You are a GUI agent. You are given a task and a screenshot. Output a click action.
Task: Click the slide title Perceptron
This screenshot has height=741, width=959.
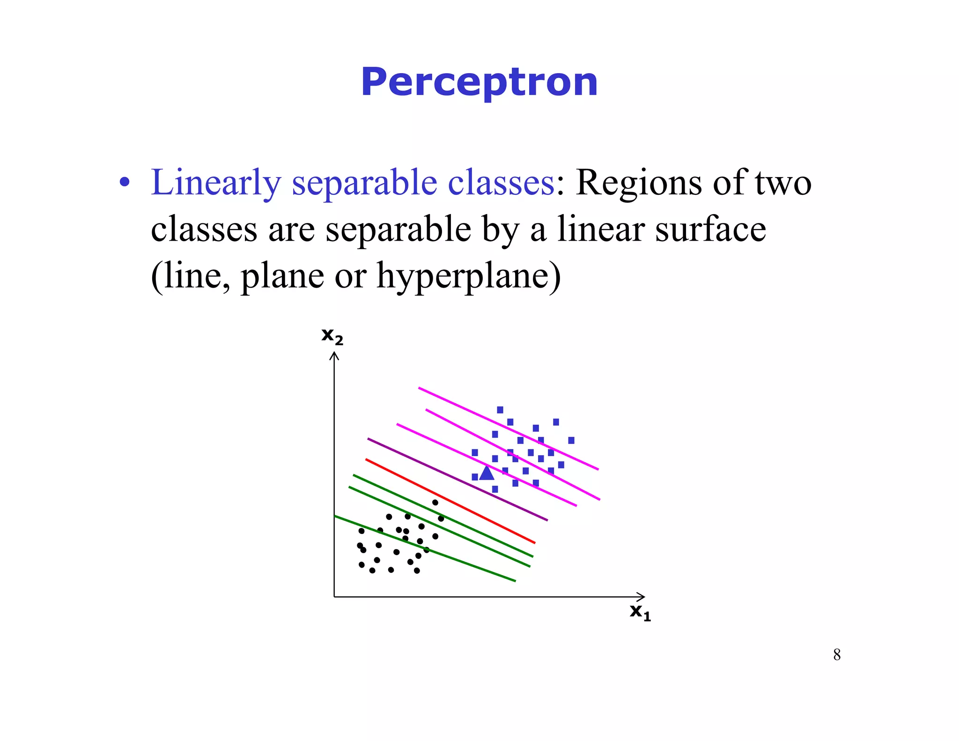click(x=479, y=82)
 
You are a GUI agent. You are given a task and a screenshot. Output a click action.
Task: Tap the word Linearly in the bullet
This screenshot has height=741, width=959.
click(x=216, y=182)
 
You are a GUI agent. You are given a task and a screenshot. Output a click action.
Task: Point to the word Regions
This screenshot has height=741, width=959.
click(x=639, y=182)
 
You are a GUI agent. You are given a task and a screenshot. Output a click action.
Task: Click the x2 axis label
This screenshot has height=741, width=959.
click(x=332, y=336)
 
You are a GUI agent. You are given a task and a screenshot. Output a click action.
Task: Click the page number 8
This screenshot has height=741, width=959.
click(x=837, y=654)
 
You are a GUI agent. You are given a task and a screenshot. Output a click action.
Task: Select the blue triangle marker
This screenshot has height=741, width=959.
click(x=487, y=474)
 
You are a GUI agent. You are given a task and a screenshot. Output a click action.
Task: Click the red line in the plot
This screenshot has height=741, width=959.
click(x=450, y=501)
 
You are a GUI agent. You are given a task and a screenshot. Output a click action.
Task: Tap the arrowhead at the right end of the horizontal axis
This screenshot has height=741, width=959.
click(x=642, y=597)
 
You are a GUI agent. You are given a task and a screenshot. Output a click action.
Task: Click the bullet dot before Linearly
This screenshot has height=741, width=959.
click(x=124, y=183)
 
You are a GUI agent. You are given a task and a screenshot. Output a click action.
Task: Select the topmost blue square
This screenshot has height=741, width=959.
click(x=500, y=410)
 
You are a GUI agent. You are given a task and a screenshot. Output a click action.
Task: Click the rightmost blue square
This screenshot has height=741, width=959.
click(x=571, y=440)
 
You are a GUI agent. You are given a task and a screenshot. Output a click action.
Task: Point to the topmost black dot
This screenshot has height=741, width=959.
click(x=435, y=503)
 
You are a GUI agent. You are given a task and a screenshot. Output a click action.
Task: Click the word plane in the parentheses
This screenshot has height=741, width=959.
click(x=282, y=276)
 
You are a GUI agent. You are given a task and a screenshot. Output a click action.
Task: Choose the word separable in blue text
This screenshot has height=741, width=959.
click(x=364, y=182)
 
